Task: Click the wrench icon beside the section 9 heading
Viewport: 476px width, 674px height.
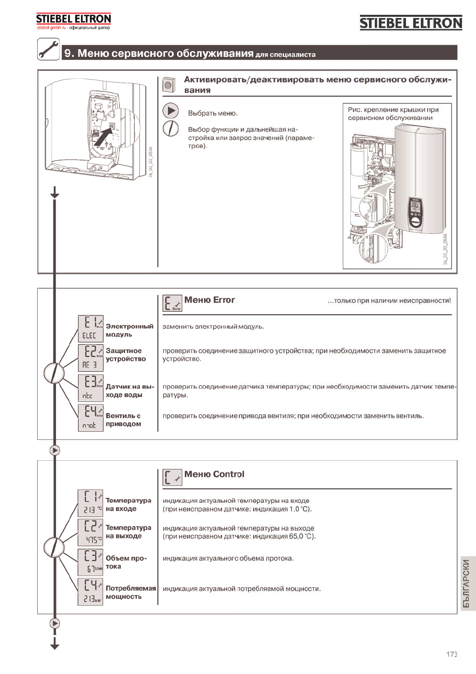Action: (48, 49)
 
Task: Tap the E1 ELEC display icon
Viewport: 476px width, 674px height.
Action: (90, 329)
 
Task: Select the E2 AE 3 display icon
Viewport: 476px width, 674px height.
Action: (90, 358)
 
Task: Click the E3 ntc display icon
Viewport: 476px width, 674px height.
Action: (90, 387)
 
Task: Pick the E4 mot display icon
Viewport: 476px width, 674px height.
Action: (90, 417)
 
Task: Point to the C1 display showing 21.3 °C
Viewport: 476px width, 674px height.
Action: (90, 503)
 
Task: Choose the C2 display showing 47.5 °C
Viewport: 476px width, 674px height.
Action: (90, 532)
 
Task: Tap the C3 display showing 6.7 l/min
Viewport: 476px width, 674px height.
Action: (90, 562)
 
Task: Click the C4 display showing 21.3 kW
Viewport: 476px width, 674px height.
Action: (90, 592)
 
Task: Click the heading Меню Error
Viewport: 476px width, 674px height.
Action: (209, 300)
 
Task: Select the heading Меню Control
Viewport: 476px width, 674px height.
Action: (214, 474)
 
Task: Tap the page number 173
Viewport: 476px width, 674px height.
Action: (452, 654)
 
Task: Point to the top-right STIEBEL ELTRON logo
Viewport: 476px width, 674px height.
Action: (411, 23)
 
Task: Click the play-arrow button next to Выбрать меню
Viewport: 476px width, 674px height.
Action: (171, 111)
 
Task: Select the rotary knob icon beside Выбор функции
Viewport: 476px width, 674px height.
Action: (171, 128)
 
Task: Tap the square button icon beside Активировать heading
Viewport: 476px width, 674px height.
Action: (169, 84)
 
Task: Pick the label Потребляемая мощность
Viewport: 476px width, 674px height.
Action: (130, 592)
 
